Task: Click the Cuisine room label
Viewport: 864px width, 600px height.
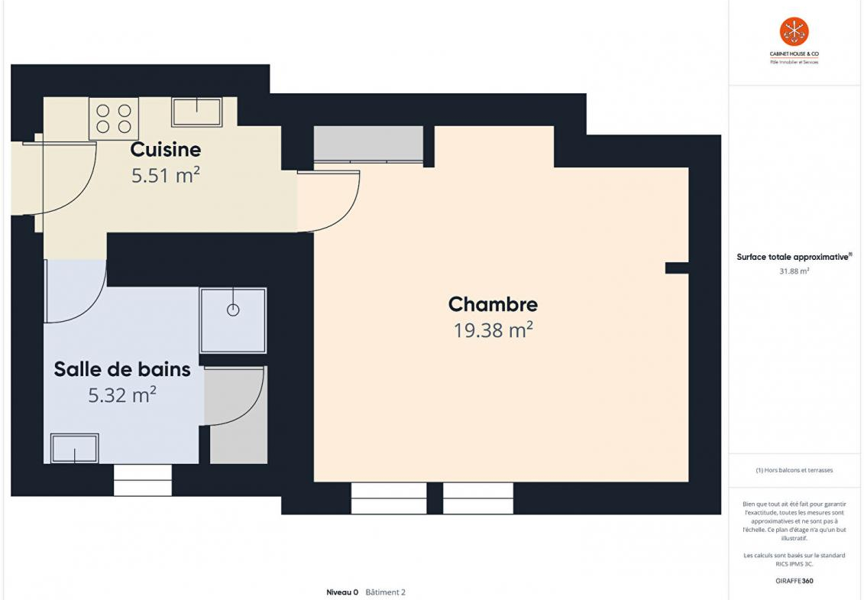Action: [x=165, y=150]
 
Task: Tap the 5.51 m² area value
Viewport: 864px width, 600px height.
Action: [x=165, y=175]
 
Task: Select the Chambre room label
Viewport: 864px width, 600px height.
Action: [x=493, y=304]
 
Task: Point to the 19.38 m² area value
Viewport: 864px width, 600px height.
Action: [x=493, y=329]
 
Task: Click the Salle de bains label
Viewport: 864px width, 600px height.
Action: [x=122, y=369]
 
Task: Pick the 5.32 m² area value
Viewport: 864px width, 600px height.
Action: [x=122, y=394]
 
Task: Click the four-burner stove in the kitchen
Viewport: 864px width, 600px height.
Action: [x=114, y=118]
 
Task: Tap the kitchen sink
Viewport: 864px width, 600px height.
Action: [x=197, y=112]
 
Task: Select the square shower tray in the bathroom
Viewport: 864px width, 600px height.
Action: [x=233, y=320]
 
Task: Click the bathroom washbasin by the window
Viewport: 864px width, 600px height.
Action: [x=74, y=448]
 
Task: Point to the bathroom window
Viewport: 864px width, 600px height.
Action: [x=143, y=480]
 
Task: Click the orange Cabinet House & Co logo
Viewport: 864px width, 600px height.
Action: [x=794, y=31]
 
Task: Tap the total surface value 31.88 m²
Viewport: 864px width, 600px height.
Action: [x=794, y=271]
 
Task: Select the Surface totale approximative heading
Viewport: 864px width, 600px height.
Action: [x=794, y=257]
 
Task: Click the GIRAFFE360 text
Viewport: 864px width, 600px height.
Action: [x=794, y=581]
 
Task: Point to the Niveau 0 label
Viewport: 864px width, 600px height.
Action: [x=342, y=592]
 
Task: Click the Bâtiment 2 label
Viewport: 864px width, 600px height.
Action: [x=385, y=592]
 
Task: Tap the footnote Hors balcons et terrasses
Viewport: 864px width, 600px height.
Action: [x=794, y=470]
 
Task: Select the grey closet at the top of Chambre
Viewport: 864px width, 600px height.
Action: [x=369, y=144]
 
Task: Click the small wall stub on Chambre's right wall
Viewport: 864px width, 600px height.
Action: [x=677, y=268]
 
